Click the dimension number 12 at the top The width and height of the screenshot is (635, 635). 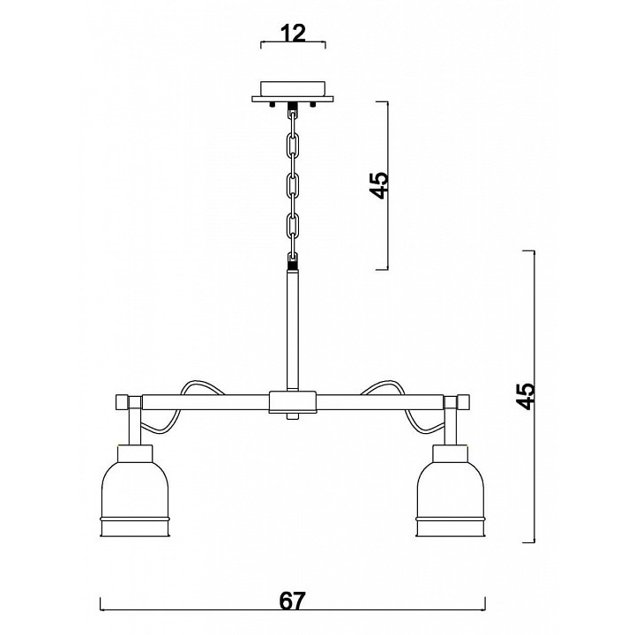[x=293, y=34]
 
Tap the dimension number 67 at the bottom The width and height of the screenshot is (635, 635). [x=292, y=601]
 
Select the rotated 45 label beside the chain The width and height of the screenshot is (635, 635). [x=380, y=185]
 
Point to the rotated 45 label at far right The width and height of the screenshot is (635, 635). [x=526, y=397]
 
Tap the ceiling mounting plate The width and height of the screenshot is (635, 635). [x=293, y=92]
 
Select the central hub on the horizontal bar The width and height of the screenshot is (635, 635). [x=293, y=402]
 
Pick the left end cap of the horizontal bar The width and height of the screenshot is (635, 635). [x=122, y=402]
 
